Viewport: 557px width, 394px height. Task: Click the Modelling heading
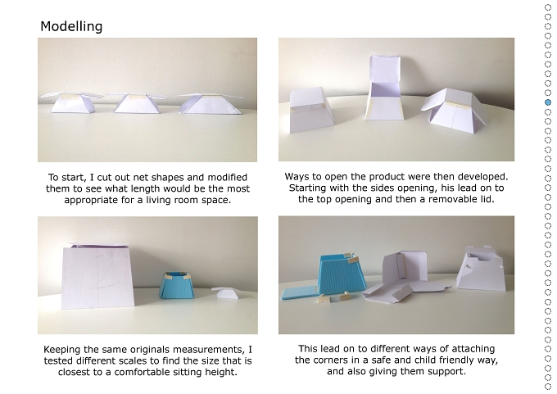point(71,26)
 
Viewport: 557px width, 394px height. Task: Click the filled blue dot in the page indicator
point(548,102)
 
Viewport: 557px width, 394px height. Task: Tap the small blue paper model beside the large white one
point(177,285)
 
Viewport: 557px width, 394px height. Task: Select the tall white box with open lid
point(385,88)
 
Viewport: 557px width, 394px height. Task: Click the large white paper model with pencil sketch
point(97,275)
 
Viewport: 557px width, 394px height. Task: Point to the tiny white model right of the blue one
point(225,292)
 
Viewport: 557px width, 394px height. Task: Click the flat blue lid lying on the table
point(300,292)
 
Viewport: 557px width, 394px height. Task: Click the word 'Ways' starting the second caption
point(296,177)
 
